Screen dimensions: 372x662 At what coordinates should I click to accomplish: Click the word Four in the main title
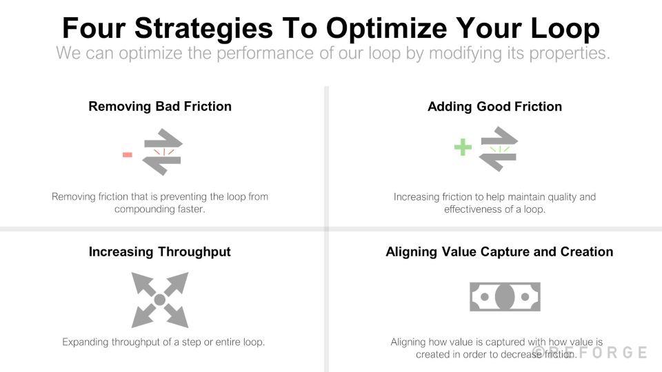[92, 28]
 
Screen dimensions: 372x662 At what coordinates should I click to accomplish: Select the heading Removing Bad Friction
[160, 107]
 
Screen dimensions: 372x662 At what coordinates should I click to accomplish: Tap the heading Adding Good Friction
[494, 107]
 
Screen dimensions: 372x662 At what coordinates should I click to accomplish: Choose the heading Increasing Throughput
[159, 252]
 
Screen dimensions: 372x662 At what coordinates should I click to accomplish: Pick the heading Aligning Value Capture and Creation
[499, 252]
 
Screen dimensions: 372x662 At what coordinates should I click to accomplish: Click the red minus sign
[128, 155]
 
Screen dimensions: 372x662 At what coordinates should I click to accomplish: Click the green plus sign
[463, 147]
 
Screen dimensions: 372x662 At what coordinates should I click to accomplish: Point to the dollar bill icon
[505, 297]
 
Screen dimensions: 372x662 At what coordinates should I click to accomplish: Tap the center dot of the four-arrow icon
[159, 300]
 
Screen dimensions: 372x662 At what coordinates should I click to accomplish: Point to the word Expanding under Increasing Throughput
[86, 342]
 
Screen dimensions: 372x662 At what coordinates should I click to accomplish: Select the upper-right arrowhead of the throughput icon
[179, 280]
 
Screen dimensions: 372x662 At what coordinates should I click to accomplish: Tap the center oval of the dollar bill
[505, 297]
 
